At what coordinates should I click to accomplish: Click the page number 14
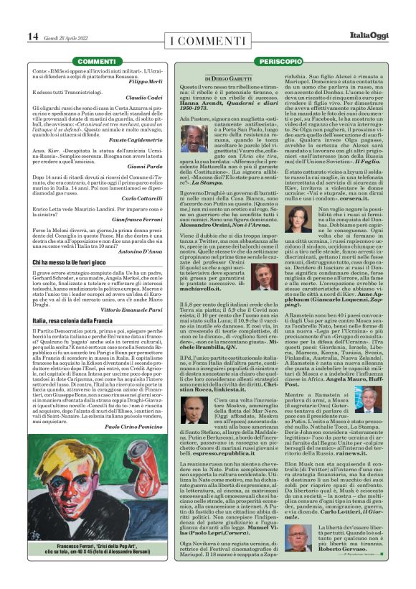point(33,36)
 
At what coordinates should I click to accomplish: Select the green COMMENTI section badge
point(96,62)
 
